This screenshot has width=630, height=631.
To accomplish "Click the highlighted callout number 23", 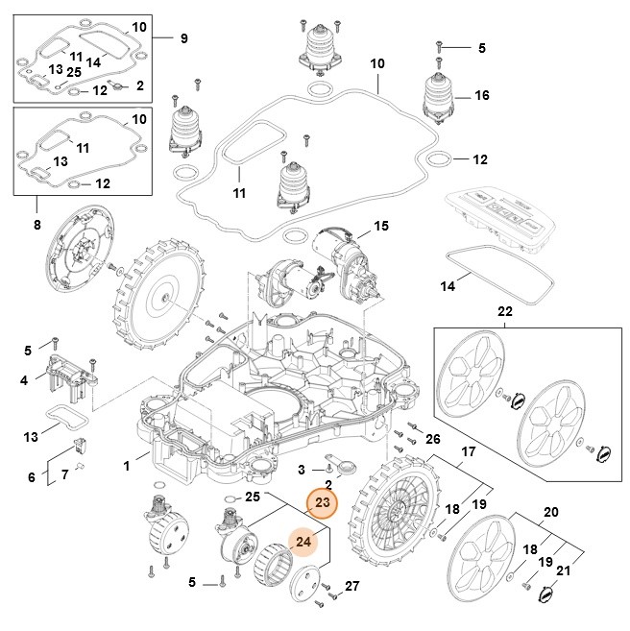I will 322,503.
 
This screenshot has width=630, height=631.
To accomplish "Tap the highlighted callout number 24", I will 303,543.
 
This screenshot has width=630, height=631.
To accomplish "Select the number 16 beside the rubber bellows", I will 481,97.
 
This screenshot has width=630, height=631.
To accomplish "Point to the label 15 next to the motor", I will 381,227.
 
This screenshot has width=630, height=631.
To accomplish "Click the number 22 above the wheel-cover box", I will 503,312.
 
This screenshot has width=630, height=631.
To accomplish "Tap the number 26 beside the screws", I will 433,439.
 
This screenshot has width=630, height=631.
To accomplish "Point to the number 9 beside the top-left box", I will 185,37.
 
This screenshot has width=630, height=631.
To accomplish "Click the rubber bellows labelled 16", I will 441,96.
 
